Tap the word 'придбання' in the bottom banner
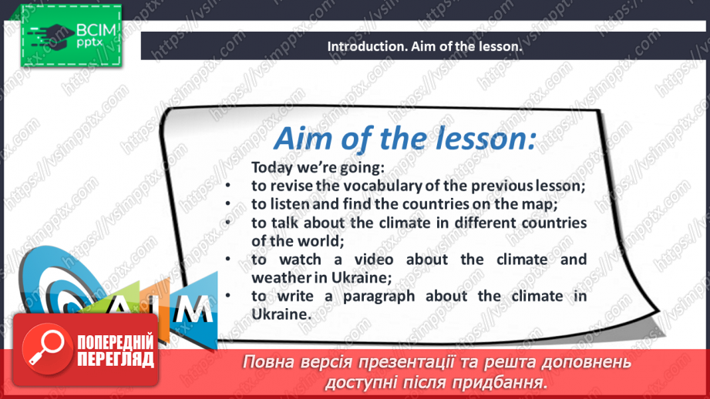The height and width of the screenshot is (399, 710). tap(510, 382)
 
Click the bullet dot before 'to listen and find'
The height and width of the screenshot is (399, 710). tap(230, 204)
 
